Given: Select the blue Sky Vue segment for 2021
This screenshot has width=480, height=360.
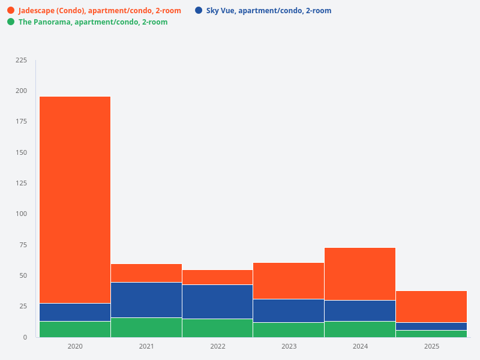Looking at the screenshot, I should tap(146, 300).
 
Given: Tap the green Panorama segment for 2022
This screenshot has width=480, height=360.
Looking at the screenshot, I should tap(218, 328).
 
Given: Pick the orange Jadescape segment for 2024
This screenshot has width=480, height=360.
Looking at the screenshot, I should tap(360, 274).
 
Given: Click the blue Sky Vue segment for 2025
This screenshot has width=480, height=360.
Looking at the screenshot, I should tap(431, 326).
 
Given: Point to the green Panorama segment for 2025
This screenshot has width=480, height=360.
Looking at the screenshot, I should tap(431, 334).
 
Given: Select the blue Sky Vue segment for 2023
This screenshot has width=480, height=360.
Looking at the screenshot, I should tap(289, 310).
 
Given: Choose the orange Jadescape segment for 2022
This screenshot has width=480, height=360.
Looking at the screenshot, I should tap(218, 277).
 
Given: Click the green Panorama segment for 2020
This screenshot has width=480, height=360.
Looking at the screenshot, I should tap(75, 329).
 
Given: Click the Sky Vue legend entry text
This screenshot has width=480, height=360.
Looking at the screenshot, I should tap(268, 11).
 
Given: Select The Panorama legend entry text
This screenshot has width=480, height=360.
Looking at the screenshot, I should tap(93, 22).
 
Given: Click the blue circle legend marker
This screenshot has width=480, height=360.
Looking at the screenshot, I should tap(199, 10).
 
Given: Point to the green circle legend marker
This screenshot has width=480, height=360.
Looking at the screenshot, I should tap(11, 22).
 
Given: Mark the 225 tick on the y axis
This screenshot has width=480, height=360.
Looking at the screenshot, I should tap(22, 60).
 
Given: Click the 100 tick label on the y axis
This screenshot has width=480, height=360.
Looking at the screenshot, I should tap(22, 214).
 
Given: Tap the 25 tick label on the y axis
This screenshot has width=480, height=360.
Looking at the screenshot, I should tap(23, 306).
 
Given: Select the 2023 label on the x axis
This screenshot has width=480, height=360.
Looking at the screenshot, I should tap(289, 347).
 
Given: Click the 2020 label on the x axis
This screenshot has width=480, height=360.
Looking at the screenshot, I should tap(75, 347).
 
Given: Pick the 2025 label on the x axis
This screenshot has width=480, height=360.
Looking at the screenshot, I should tap(431, 347).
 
